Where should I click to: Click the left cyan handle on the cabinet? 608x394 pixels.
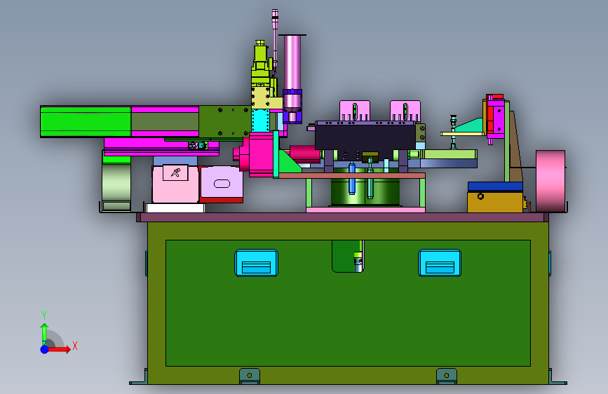point(256,263)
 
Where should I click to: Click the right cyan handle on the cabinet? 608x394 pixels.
point(440,263)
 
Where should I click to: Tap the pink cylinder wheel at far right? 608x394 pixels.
point(550,181)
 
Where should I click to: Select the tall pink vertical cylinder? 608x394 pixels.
point(292,63)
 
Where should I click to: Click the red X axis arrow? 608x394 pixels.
point(59,349)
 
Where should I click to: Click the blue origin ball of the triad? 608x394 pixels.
point(45,349)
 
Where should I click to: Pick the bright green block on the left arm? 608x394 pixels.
point(86,121)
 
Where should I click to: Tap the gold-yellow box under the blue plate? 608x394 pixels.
point(495,202)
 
